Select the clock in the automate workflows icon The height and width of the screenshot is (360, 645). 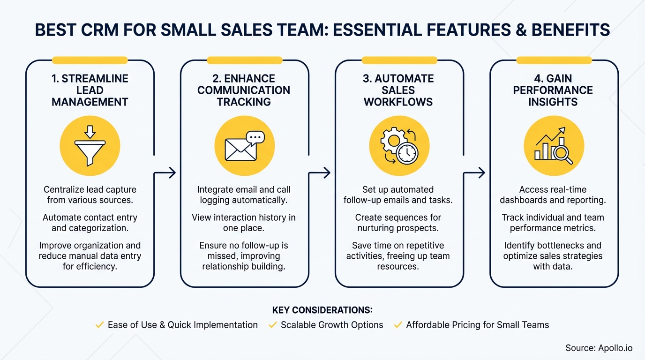pos(407,152)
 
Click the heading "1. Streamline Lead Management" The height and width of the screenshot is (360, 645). pos(90,90)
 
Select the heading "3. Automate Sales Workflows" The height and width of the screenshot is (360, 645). pos(398,90)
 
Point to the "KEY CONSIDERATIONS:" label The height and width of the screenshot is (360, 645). pos(322,310)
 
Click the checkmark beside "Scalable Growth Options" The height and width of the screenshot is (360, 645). pos(272,325)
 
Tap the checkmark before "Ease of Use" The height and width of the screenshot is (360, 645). pos(99,325)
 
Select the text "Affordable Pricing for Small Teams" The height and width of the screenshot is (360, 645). pos(477,325)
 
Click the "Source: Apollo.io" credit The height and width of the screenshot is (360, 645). pos(599,348)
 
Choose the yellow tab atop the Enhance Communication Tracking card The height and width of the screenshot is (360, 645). pos(244,60)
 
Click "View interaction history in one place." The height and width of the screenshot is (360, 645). pos(244,223)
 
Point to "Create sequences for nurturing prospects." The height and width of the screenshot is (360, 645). pos(398,223)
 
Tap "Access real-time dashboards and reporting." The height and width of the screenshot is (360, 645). pos(553,195)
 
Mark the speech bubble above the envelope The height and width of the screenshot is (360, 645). pos(255,137)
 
